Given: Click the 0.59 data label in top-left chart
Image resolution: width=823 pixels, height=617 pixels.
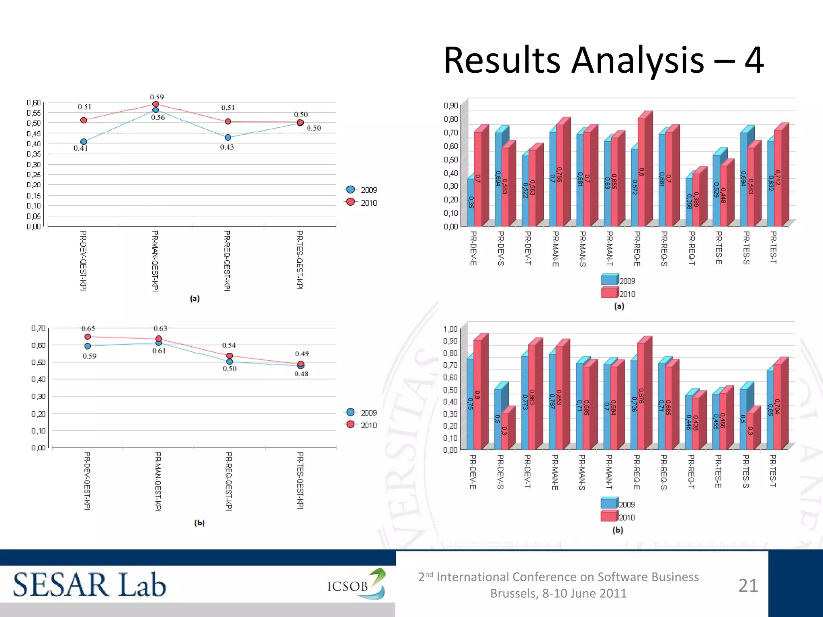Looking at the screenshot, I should (x=157, y=97).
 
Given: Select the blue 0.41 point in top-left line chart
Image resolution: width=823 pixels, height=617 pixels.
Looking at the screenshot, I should (x=84, y=141).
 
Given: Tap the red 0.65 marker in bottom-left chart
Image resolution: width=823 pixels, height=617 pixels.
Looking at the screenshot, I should (x=88, y=337).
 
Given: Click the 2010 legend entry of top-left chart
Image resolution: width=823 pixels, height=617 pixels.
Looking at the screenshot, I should (x=362, y=202).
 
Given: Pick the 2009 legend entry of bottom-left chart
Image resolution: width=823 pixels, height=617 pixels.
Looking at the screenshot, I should (x=362, y=413).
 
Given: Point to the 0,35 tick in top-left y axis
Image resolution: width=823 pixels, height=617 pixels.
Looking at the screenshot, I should (x=34, y=154).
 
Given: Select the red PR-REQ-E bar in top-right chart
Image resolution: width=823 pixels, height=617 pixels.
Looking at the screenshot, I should (x=642, y=173).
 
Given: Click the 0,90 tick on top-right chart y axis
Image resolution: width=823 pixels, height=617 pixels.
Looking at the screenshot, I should (x=451, y=106).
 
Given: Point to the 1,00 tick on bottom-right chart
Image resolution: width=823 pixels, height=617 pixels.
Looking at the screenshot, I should (x=450, y=329).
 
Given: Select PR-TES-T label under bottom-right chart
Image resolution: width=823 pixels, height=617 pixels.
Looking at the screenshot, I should (x=773, y=470).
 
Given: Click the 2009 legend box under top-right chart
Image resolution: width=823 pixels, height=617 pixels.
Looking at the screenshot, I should (x=609, y=280).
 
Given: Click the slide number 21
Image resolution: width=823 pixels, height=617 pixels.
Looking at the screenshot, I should (x=748, y=585).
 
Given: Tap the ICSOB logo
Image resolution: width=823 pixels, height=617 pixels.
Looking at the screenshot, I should (x=356, y=585).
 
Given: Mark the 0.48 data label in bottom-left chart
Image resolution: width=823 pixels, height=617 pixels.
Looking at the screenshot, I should (x=301, y=374).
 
